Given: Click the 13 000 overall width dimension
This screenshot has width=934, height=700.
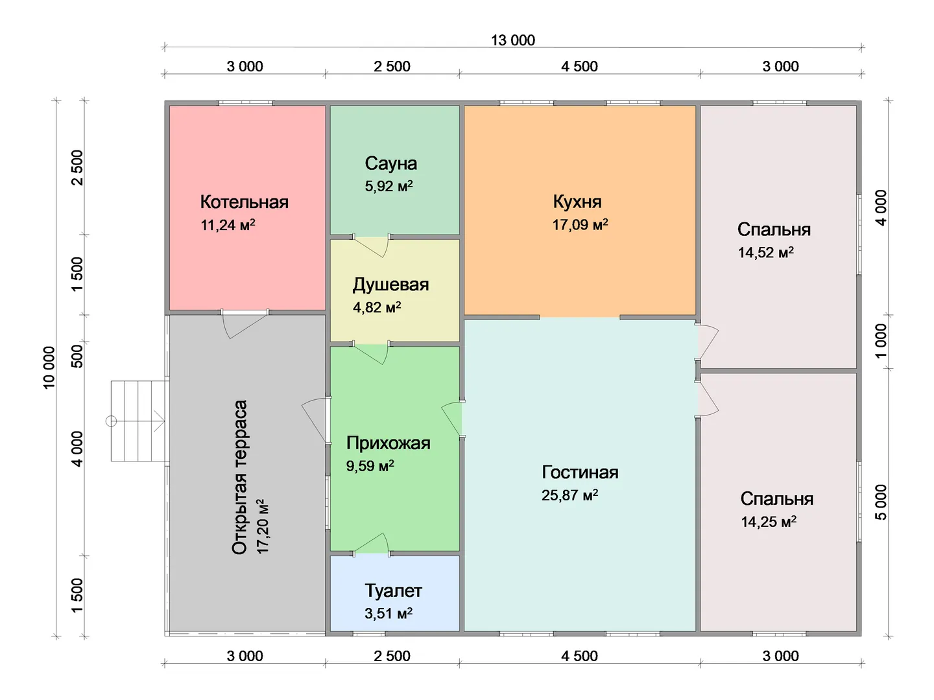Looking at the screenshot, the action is (513, 40).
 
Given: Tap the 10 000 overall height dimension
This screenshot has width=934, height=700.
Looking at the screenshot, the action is (49, 367).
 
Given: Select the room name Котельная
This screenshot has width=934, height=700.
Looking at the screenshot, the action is (245, 202).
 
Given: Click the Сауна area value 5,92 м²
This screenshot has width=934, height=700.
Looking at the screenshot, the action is (389, 186).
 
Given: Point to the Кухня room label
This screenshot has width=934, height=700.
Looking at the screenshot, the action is (577, 202).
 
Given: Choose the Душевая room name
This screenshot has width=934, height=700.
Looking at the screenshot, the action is (390, 285).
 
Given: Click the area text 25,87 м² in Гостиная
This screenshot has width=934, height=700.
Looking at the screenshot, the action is (569, 495).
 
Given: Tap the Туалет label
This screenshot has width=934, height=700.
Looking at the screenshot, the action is (393, 590).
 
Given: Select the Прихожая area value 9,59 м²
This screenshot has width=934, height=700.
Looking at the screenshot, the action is (370, 466).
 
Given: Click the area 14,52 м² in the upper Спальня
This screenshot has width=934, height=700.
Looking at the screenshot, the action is (765, 253).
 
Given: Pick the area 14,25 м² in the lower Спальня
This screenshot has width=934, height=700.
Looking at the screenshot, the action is (769, 522).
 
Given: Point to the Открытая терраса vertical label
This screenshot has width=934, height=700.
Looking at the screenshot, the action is (239, 477).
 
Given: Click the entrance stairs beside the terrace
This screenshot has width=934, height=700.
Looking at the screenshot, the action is (138, 421).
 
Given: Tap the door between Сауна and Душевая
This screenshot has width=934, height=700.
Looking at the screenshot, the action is (371, 246).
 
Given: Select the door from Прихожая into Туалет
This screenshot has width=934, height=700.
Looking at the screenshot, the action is (371, 544).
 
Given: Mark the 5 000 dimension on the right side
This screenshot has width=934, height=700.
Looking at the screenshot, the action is (881, 502).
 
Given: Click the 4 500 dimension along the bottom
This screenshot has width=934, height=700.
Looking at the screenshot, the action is (579, 656).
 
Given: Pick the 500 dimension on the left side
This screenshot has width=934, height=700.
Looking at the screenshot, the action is (77, 356).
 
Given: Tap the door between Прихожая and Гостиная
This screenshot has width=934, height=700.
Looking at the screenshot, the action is (453, 419).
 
